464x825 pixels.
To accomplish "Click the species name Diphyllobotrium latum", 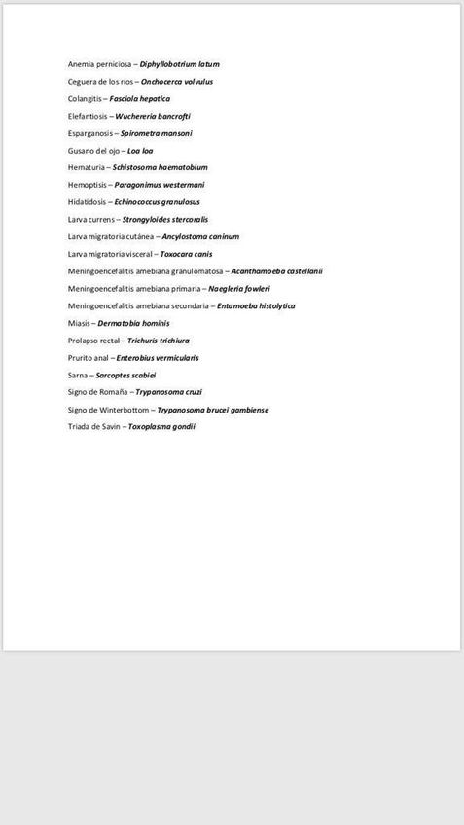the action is pos(180,64).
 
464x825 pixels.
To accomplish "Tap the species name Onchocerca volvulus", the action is pos(177,82).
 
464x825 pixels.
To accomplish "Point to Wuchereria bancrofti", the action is pos(153,116).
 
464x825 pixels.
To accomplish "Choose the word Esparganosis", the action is pos(90,133).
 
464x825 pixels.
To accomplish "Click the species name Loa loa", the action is pos(140,151).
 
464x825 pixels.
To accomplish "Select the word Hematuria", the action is pos(87,167).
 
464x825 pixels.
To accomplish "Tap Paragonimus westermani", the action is pos(160,185).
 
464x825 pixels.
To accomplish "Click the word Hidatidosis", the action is pos(87,202).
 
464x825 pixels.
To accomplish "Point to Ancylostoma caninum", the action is pos(200,236).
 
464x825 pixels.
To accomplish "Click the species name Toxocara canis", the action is pos(186,254).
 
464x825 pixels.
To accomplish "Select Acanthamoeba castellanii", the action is pos(276,271).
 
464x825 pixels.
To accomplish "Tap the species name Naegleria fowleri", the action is pos(239,289).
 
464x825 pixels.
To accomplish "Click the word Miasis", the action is pos(79,323).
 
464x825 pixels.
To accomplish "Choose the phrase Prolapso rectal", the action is pos(93,341).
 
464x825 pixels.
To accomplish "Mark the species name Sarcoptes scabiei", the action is pos(126,375).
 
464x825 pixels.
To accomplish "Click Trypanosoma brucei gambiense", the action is pos(213,410).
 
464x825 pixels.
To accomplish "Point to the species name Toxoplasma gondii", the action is pos(161,426).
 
